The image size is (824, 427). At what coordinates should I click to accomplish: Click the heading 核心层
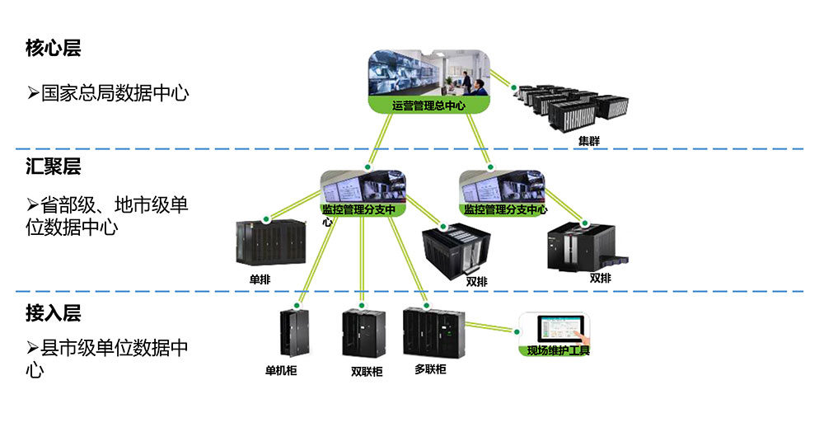click(x=54, y=49)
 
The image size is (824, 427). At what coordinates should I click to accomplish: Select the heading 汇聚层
click(x=54, y=167)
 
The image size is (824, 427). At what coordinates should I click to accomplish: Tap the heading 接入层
click(x=54, y=313)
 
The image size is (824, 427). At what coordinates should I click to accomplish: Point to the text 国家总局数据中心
click(x=115, y=92)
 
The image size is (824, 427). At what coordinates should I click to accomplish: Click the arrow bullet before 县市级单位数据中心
click(x=32, y=348)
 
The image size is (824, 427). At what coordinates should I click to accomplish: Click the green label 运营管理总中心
click(x=428, y=105)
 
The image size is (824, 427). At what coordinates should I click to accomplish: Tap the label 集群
click(x=588, y=141)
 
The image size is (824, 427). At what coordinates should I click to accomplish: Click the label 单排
click(x=260, y=279)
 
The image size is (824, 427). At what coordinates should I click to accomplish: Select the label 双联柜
click(x=366, y=372)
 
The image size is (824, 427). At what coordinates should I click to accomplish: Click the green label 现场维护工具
click(x=559, y=351)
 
